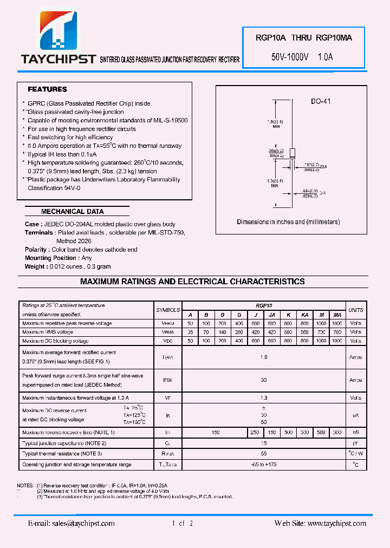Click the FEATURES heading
48,89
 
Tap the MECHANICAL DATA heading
73,212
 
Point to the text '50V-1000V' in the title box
290,56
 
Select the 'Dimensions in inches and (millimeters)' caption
288,222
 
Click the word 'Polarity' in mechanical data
36,250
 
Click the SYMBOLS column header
168,310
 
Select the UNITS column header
356,310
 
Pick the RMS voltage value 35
190,332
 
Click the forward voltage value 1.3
264,398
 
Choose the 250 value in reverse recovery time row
255,433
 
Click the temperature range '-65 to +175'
264,465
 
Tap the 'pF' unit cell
356,443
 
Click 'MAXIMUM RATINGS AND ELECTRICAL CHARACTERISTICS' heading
192,282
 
